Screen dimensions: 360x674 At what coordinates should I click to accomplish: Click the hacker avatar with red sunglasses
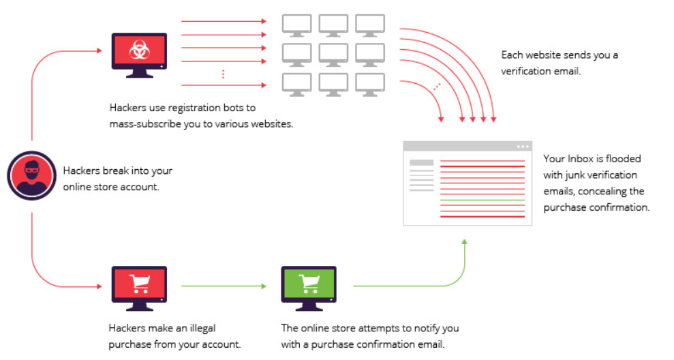click(31, 175)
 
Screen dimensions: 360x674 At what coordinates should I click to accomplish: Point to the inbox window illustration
click(467, 183)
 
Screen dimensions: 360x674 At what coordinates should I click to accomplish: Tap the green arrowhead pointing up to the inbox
click(465, 242)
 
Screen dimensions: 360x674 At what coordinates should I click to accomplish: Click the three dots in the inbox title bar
click(522, 146)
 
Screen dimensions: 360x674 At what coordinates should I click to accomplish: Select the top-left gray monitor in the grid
click(297, 24)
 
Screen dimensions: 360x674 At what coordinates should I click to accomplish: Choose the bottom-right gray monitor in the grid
click(370, 82)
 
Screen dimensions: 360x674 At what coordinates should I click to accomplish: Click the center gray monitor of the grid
click(334, 53)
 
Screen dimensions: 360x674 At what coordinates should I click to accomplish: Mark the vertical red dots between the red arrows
click(223, 74)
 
